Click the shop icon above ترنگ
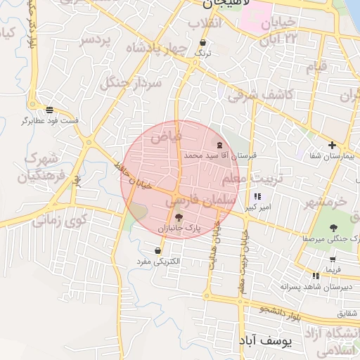(202, 42)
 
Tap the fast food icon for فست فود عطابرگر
(49, 110)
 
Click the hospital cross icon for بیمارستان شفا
(332, 146)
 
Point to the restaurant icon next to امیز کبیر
(257, 196)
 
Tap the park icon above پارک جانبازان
(179, 217)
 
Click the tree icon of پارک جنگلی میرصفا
(333, 228)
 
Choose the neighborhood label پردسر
(96, 39)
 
